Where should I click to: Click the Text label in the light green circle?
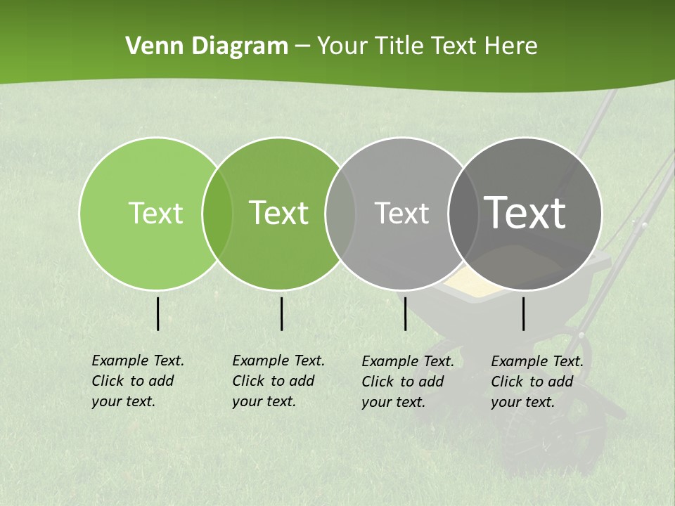coord(155,213)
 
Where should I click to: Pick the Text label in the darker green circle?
coord(278,213)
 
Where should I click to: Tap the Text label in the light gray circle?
coord(401,213)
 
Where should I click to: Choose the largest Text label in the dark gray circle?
coord(525,212)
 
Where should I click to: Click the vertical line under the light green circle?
coord(158,313)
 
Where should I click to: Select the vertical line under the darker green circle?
coord(281,313)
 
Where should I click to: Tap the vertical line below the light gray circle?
coord(405,313)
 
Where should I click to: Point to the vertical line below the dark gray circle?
coord(524,313)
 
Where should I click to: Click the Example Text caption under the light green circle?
coord(137,381)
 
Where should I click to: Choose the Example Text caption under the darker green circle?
coord(278,381)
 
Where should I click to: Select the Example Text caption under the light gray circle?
coord(407,382)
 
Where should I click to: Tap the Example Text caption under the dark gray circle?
coord(536,382)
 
